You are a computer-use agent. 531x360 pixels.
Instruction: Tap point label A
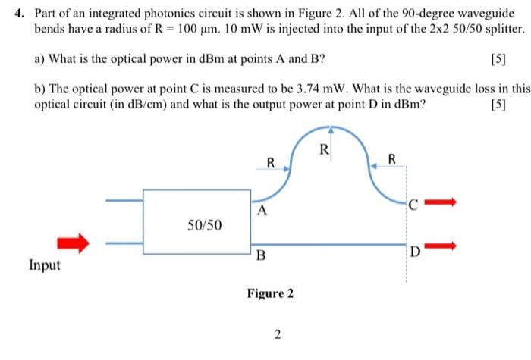point(262,211)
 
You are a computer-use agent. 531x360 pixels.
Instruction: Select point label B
point(261,255)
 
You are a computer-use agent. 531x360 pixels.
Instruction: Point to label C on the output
point(413,204)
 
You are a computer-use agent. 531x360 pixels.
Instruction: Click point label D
point(414,252)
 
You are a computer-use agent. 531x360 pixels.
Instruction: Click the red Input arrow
point(74,243)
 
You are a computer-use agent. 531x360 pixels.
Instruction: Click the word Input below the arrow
point(44,265)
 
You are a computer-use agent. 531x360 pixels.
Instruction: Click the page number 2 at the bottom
point(278,335)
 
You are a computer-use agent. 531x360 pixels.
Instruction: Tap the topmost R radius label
point(324,149)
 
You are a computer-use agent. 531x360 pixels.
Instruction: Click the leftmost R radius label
point(270,161)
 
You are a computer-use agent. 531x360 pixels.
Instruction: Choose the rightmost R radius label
point(391,159)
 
